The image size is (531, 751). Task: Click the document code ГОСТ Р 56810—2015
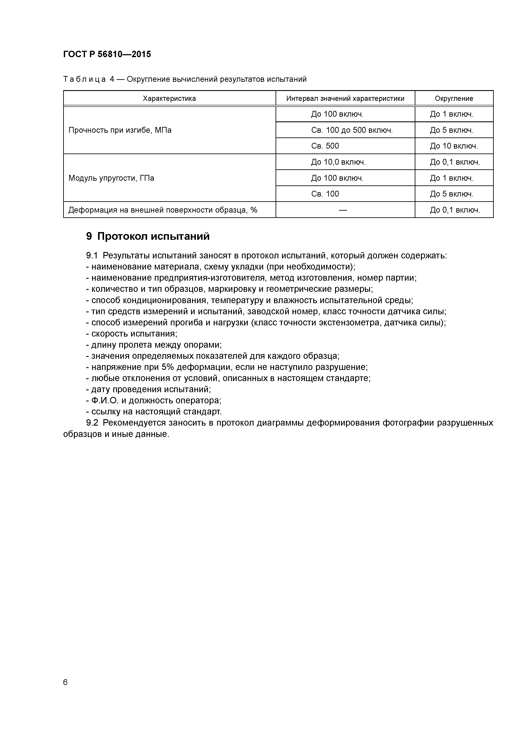[x=107, y=54]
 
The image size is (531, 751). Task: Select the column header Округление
[x=454, y=98]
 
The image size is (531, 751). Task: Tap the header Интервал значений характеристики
[x=345, y=98]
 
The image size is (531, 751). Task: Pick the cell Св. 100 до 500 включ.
[x=352, y=130]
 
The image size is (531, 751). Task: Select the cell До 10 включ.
[x=454, y=146]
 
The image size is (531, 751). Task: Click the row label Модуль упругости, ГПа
[x=111, y=178]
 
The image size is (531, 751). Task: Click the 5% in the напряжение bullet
[x=167, y=367]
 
